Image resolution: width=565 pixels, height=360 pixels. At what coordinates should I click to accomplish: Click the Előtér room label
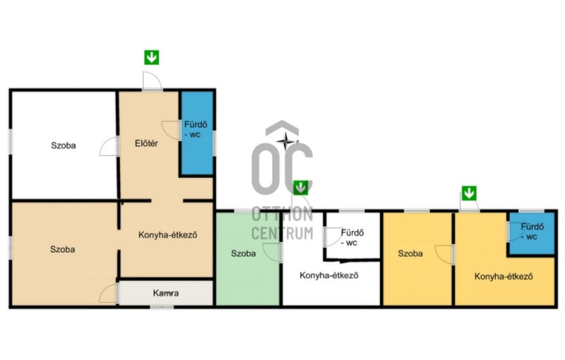point(146,143)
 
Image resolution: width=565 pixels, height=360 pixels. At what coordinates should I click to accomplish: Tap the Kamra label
point(166,293)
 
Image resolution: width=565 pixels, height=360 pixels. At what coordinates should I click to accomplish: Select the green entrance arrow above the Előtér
point(152,58)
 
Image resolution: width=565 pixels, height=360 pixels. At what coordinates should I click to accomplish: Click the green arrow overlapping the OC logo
point(301,188)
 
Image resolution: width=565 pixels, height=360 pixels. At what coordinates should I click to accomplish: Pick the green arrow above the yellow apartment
point(469,193)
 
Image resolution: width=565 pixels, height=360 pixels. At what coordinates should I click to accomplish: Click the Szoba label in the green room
point(243,253)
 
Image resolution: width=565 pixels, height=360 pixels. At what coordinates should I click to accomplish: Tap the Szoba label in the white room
point(64,145)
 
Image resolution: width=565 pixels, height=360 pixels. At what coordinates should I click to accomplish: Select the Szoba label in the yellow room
point(410,253)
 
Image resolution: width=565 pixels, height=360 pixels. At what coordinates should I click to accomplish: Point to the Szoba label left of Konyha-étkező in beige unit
point(63,249)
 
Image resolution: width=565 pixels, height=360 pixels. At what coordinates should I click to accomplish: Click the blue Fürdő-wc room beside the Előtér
point(197,133)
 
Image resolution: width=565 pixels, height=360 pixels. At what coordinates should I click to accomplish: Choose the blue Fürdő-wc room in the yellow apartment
point(531,233)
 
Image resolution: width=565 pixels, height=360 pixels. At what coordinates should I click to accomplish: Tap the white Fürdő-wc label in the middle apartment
point(352,238)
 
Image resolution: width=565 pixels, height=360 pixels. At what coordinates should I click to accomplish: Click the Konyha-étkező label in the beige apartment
point(168,235)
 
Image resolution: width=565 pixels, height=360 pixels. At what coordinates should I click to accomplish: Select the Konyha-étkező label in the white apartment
point(329,275)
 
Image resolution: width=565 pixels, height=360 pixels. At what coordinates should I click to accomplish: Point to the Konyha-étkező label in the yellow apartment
point(504,277)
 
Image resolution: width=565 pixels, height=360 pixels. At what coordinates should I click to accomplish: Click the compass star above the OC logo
point(286,140)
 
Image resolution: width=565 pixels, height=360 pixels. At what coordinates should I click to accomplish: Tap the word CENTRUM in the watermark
point(282,233)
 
